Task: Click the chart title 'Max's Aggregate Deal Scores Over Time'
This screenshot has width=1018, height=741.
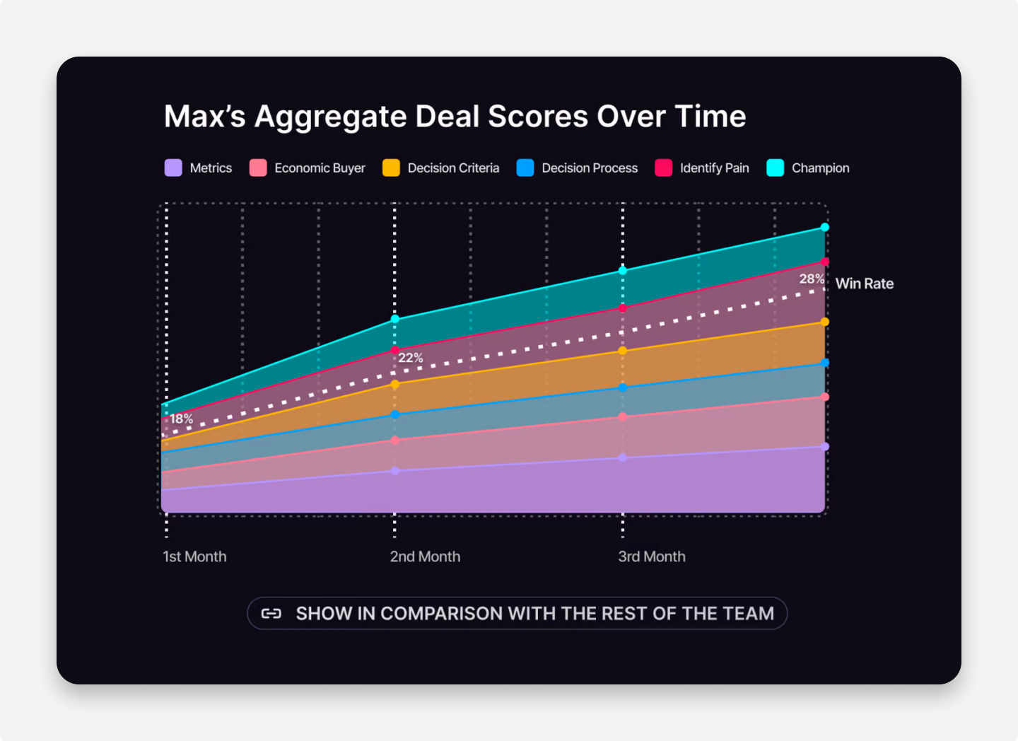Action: click(x=455, y=117)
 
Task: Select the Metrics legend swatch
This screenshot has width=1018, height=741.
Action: click(x=173, y=168)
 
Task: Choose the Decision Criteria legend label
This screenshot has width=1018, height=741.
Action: click(x=453, y=168)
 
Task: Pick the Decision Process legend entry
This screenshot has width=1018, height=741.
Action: click(x=589, y=168)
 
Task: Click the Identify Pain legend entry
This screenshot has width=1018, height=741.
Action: click(x=714, y=168)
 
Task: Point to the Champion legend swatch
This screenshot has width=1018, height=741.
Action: click(x=776, y=168)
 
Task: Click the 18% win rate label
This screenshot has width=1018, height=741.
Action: click(x=181, y=419)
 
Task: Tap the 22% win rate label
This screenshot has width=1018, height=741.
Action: click(x=411, y=358)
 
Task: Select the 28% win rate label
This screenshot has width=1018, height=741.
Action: click(x=812, y=279)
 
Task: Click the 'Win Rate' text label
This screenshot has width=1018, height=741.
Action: click(x=864, y=284)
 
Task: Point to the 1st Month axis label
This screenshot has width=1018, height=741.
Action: click(x=194, y=556)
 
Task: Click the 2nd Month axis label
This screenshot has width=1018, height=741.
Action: click(x=425, y=556)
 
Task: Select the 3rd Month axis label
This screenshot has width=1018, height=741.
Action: click(x=652, y=556)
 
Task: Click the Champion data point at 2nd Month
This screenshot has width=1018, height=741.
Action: click(x=395, y=319)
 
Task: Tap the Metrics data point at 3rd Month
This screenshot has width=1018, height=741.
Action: click(x=623, y=457)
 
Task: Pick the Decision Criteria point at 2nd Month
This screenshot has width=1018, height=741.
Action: click(x=395, y=385)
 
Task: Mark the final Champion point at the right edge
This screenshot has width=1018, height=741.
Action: click(x=825, y=227)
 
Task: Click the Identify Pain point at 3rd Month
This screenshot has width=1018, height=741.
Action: click(x=623, y=308)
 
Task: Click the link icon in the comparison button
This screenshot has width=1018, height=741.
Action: click(x=271, y=613)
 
